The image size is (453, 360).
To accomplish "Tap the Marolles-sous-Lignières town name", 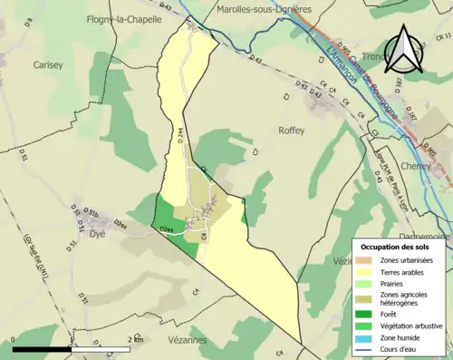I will tap(265, 9).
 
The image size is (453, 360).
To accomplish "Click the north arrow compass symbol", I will tap(405, 50).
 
